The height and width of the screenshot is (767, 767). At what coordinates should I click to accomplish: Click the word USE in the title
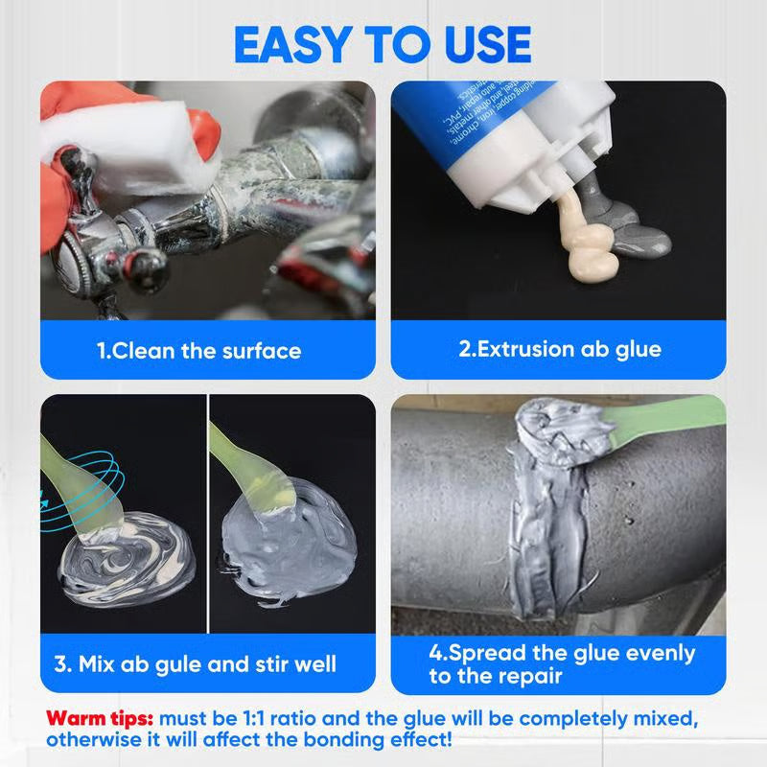click(480, 44)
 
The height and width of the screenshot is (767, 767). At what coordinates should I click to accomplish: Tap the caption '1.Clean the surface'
click(199, 351)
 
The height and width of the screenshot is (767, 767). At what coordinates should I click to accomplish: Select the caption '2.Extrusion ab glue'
click(560, 348)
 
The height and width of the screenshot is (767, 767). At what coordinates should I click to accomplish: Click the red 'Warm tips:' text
click(101, 717)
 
